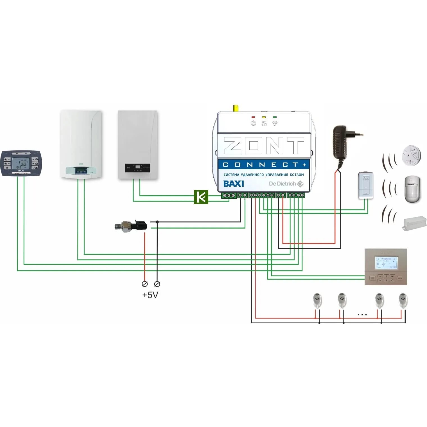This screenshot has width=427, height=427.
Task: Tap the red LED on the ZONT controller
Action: click(253, 117)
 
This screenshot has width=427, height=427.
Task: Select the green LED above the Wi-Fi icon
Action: click(275, 117)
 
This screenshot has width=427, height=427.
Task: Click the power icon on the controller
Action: click(253, 123)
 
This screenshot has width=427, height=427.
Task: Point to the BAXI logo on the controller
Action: click(233, 184)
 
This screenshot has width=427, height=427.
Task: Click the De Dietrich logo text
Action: click(282, 184)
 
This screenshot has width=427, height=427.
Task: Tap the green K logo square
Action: click(201, 197)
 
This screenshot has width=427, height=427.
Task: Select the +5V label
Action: click(150, 295)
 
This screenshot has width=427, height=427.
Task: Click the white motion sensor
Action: click(412, 189)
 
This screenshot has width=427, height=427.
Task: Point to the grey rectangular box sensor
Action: click(414, 223)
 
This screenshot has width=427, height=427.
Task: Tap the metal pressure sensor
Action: click(130, 226)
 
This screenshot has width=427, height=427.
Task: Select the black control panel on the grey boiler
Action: click(137, 168)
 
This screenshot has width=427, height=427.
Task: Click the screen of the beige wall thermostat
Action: click(386, 263)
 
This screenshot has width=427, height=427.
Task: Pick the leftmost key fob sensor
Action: click(317, 301)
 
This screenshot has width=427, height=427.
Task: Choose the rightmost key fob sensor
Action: click(403, 301)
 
